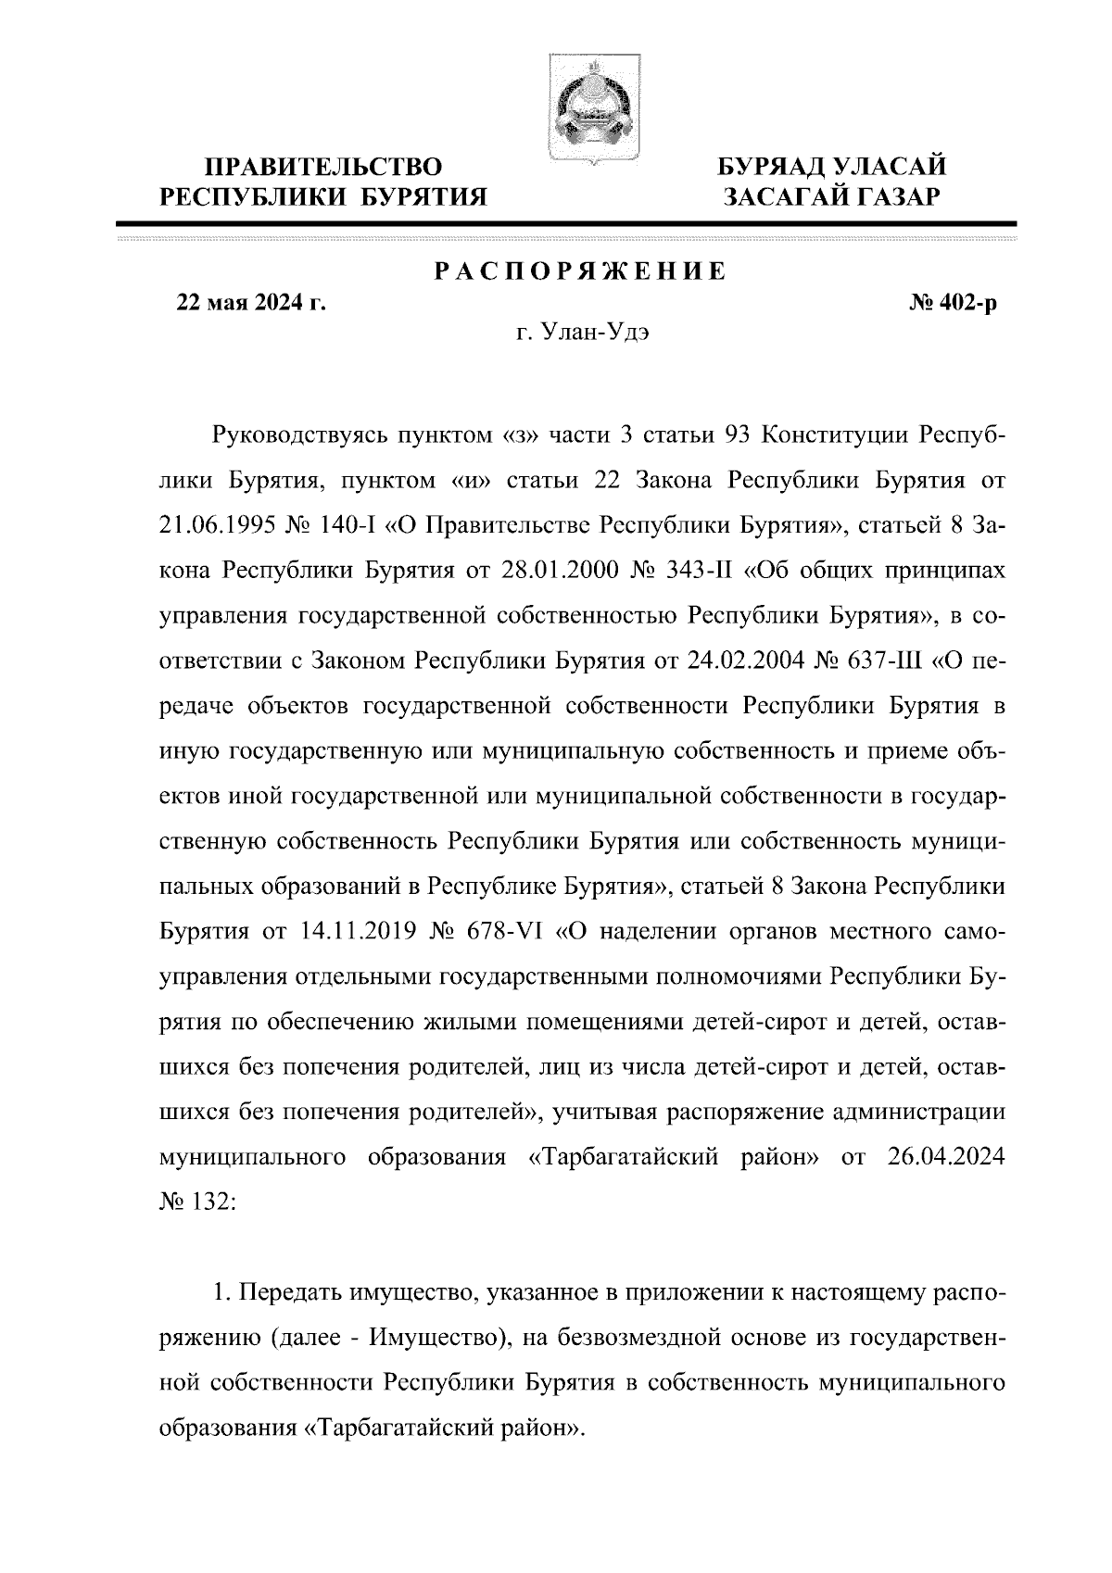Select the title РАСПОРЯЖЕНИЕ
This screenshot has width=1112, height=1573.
[580, 271]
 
